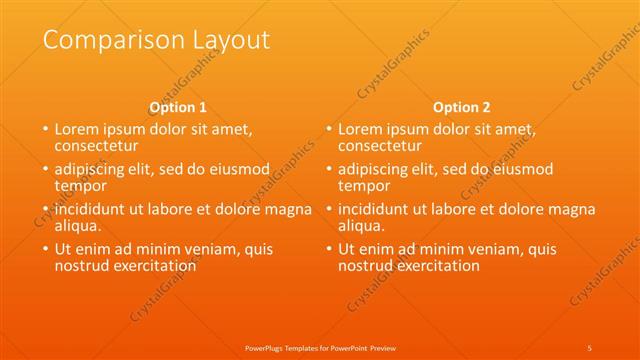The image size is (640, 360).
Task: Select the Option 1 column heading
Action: click(x=178, y=107)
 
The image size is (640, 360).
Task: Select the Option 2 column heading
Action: click(x=462, y=107)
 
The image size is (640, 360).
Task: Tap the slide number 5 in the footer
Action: click(x=590, y=347)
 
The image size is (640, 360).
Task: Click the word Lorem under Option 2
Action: click(x=361, y=129)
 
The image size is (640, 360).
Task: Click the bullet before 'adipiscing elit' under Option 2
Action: click(x=328, y=169)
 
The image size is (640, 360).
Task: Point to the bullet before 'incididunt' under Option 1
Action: click(x=44, y=209)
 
